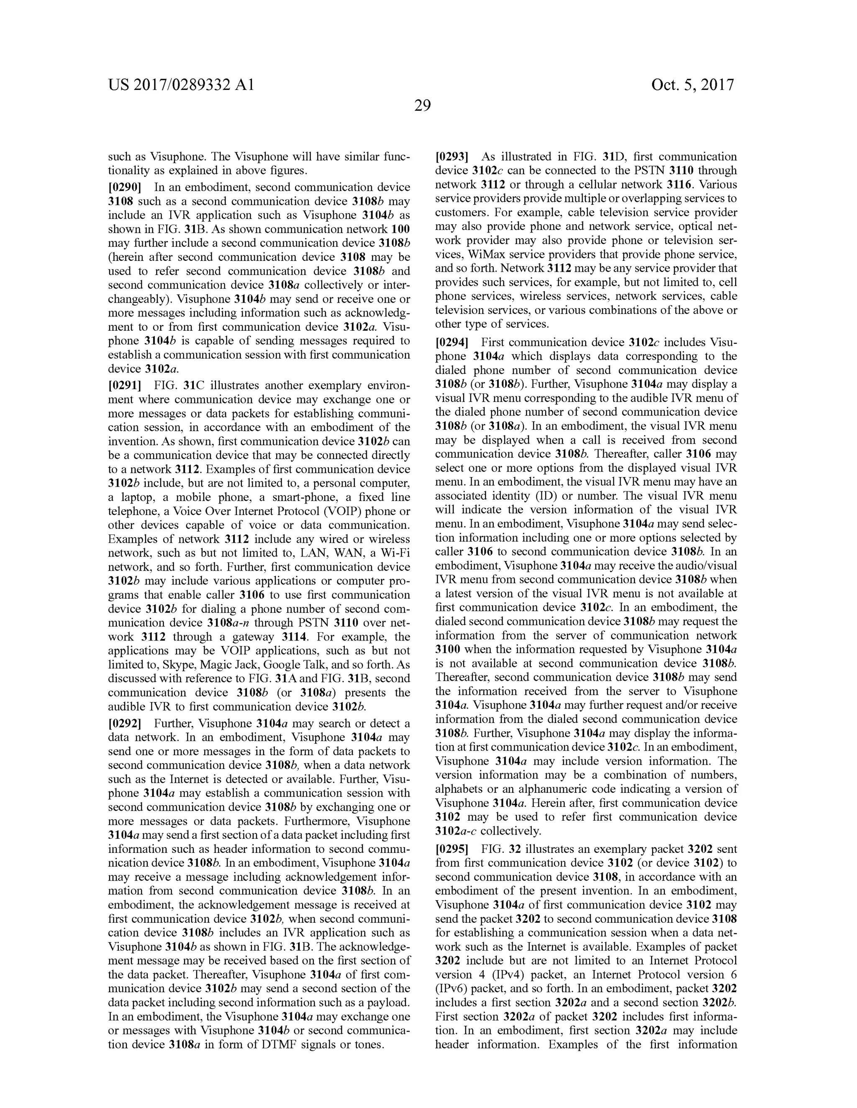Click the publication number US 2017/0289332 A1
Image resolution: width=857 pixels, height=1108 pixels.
pyautogui.click(x=181, y=85)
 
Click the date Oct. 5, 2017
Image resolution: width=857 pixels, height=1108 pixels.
pyautogui.click(x=693, y=85)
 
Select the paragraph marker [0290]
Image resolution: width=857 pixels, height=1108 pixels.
pyautogui.click(x=124, y=188)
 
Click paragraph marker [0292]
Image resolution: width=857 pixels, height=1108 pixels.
pyautogui.click(x=124, y=723)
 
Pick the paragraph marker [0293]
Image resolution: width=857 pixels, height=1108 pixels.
pyautogui.click(x=452, y=157)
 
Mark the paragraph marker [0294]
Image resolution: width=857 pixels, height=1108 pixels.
pyautogui.click(x=452, y=342)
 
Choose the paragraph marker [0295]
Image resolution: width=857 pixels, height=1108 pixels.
pyautogui.click(x=452, y=849)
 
